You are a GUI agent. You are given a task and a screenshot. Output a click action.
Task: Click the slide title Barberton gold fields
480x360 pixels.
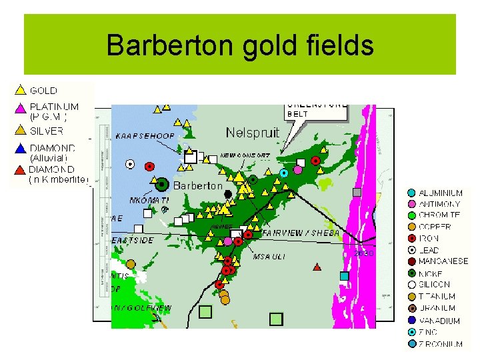(x=240, y=45)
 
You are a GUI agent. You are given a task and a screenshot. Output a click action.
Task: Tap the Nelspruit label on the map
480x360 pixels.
(x=253, y=133)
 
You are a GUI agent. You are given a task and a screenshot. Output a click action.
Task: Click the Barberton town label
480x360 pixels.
(x=198, y=185)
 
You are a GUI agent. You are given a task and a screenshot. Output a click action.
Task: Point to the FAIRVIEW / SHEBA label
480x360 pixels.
(x=301, y=233)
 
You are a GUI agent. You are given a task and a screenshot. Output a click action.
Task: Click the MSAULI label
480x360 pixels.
(x=270, y=256)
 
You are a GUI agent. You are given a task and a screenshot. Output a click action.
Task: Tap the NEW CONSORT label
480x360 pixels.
(x=245, y=155)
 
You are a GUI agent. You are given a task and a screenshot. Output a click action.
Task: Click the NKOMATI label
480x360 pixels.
(x=149, y=199)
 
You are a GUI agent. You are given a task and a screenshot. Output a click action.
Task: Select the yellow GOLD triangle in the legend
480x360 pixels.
(x=20, y=89)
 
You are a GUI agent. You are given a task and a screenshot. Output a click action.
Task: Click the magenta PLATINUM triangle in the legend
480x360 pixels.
(x=20, y=107)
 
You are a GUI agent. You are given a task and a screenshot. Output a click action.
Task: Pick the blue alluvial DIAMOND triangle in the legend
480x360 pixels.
(x=20, y=149)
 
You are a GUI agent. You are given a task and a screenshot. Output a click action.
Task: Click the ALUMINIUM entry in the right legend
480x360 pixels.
(x=440, y=193)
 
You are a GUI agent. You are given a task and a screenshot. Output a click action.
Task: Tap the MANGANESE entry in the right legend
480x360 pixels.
(x=443, y=261)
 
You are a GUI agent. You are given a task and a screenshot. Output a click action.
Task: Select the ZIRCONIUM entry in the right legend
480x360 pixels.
(x=441, y=344)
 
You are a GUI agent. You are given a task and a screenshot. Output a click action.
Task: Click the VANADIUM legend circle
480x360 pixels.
(x=412, y=321)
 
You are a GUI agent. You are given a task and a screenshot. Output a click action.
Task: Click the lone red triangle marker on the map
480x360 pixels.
(x=317, y=267)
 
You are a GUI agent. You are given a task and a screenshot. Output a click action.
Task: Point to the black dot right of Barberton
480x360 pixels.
(x=228, y=193)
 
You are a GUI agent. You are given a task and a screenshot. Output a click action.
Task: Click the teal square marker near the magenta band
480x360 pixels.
(x=344, y=275)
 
